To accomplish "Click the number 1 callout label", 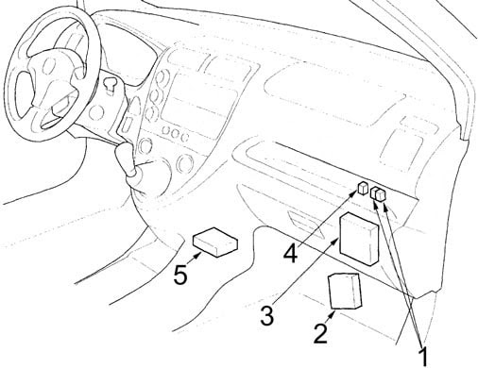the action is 424,357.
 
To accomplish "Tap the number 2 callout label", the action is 321,333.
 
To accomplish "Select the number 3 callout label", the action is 267,316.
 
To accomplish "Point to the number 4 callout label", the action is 290,253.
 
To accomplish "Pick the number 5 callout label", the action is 180,276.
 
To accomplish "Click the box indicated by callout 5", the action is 215,243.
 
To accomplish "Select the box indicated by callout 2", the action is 344,292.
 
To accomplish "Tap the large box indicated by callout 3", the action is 359,239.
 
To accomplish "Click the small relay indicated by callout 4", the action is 363,188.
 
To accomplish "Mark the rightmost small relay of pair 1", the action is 382,194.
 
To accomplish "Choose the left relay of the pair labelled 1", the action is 374,192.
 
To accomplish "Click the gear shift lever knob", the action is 126,159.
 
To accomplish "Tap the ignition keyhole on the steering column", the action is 110,85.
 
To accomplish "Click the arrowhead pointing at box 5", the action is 197,256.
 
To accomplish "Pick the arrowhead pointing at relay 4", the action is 354,195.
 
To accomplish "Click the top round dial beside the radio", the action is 162,78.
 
